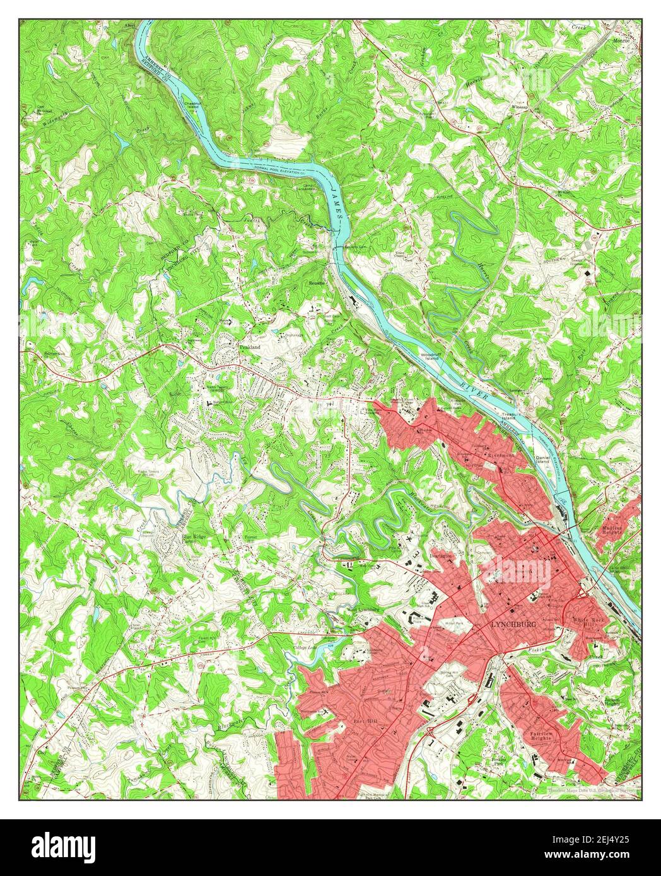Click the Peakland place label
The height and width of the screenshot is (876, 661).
[x=249, y=346]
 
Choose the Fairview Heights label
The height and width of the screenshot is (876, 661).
[x=543, y=738]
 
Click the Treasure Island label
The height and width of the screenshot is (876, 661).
[x=513, y=416]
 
